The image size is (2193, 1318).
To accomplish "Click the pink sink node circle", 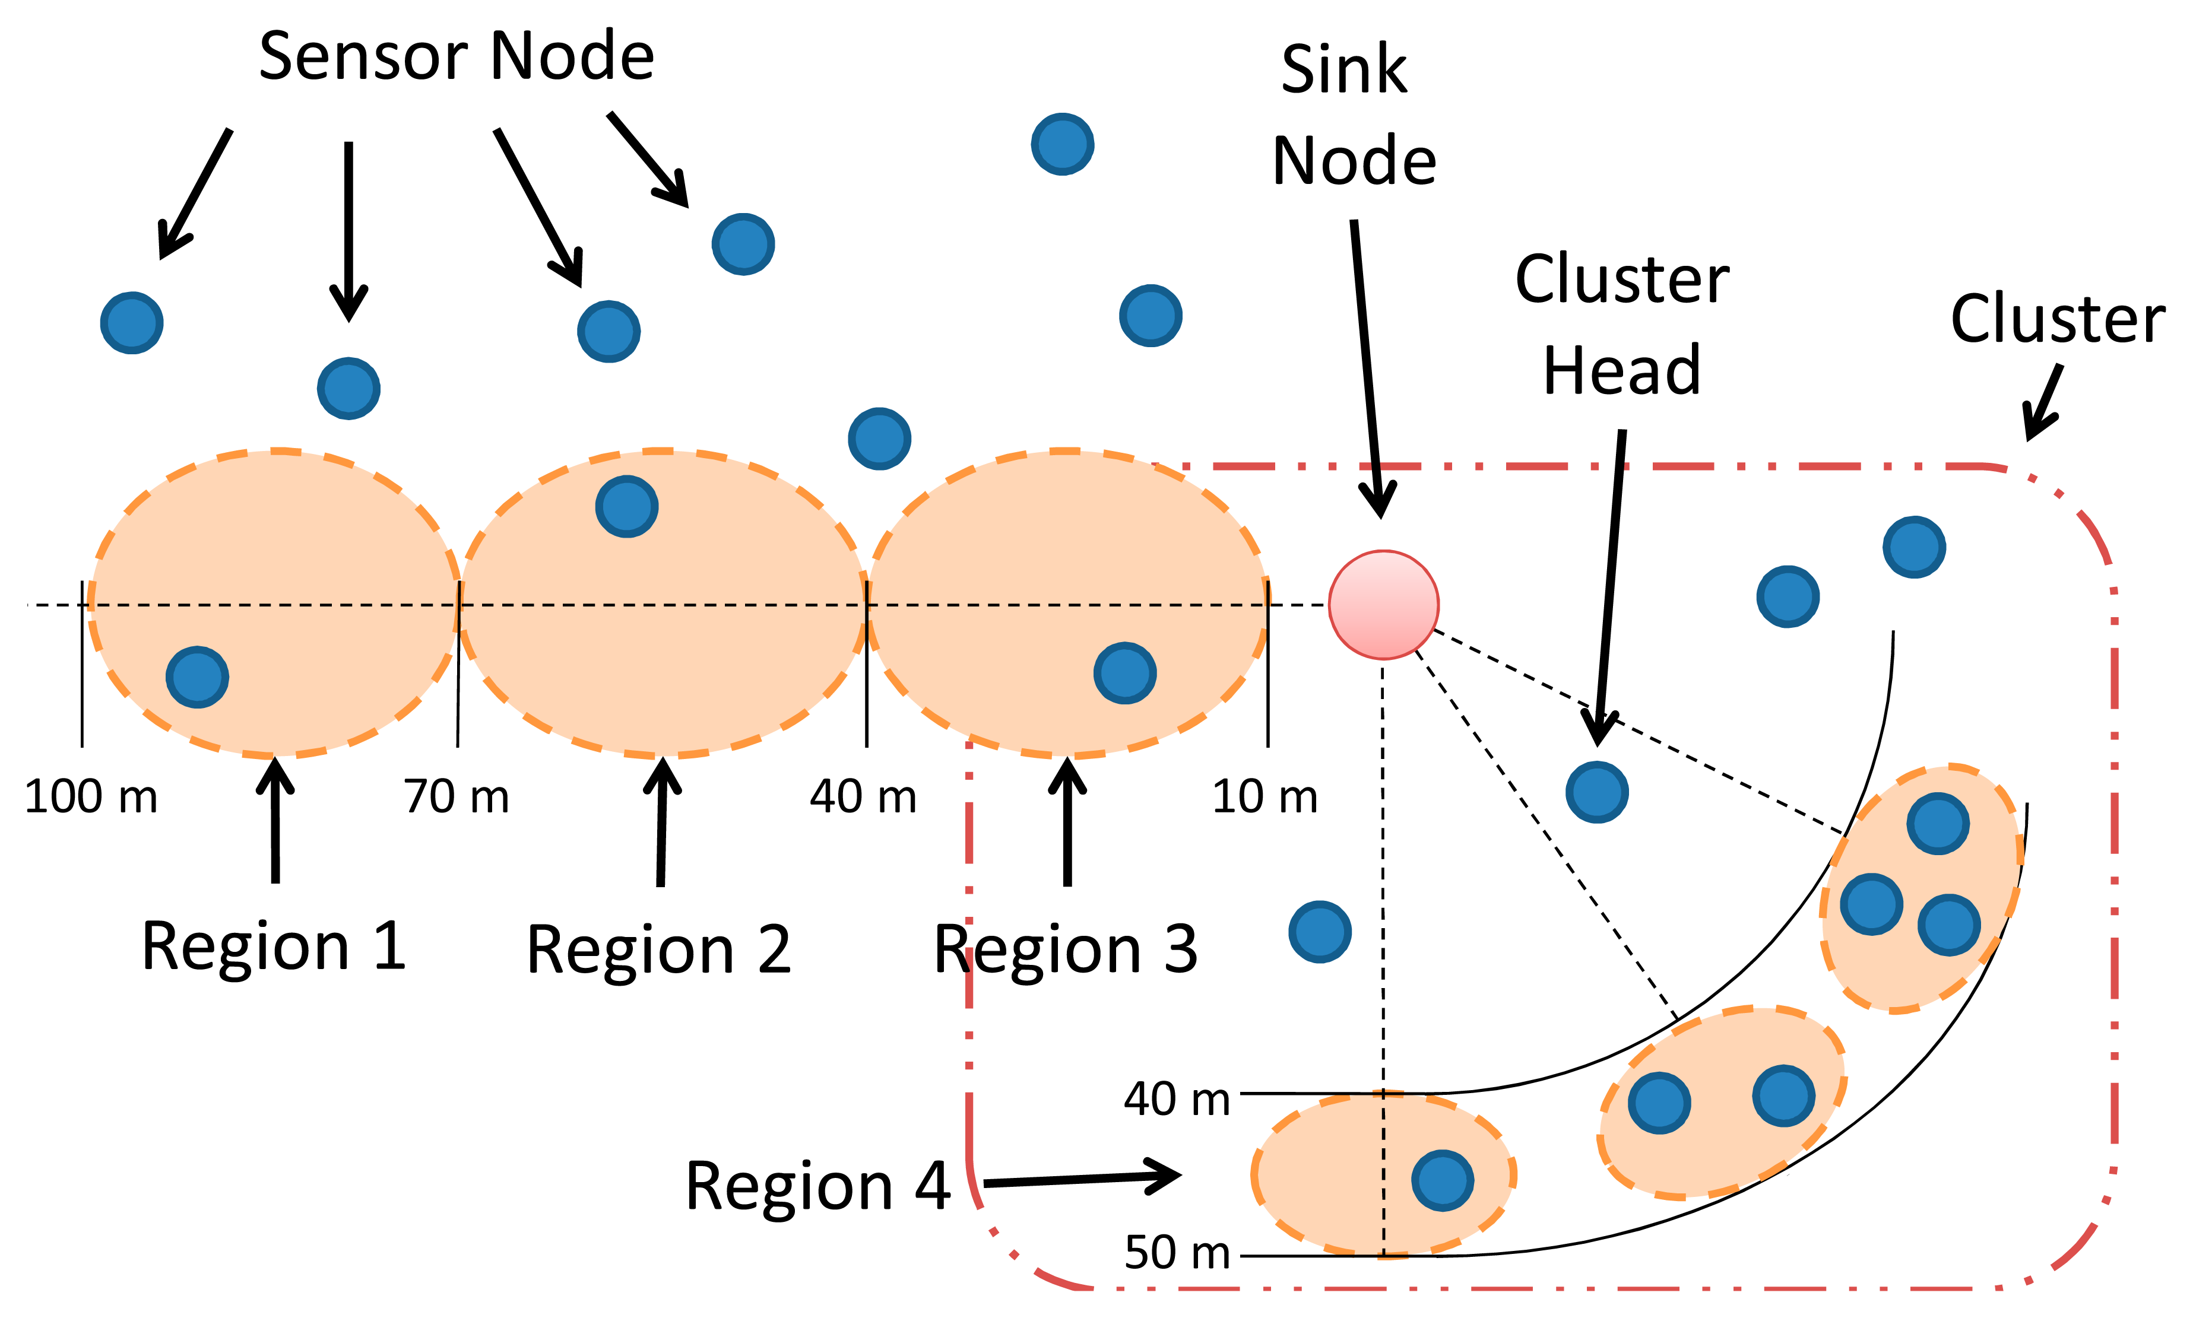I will pos(1383,605).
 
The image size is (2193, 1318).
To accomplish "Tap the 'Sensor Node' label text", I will pos(457,56).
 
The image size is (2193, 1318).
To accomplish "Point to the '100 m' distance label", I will pos(91,796).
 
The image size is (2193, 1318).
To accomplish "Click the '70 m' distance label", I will pos(457,796).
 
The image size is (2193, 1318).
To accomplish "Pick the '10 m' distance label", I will pos(1265,796).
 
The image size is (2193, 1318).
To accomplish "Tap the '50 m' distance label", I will pos(1177,1252).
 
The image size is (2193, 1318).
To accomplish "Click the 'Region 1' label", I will pos(274,947).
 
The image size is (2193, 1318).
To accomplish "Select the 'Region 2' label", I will pos(658,950).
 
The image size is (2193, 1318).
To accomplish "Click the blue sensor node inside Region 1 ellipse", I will pos(197,677).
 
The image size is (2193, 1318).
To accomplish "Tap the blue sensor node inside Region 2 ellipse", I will pos(626,506).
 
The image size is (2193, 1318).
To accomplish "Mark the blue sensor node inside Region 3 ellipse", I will pos(1124,673).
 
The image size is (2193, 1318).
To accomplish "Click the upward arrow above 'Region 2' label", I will pos(662,821).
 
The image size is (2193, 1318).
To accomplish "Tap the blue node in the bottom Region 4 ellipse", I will pos(1443,1180).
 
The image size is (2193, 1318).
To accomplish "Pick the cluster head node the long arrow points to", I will pos(1596,792).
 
